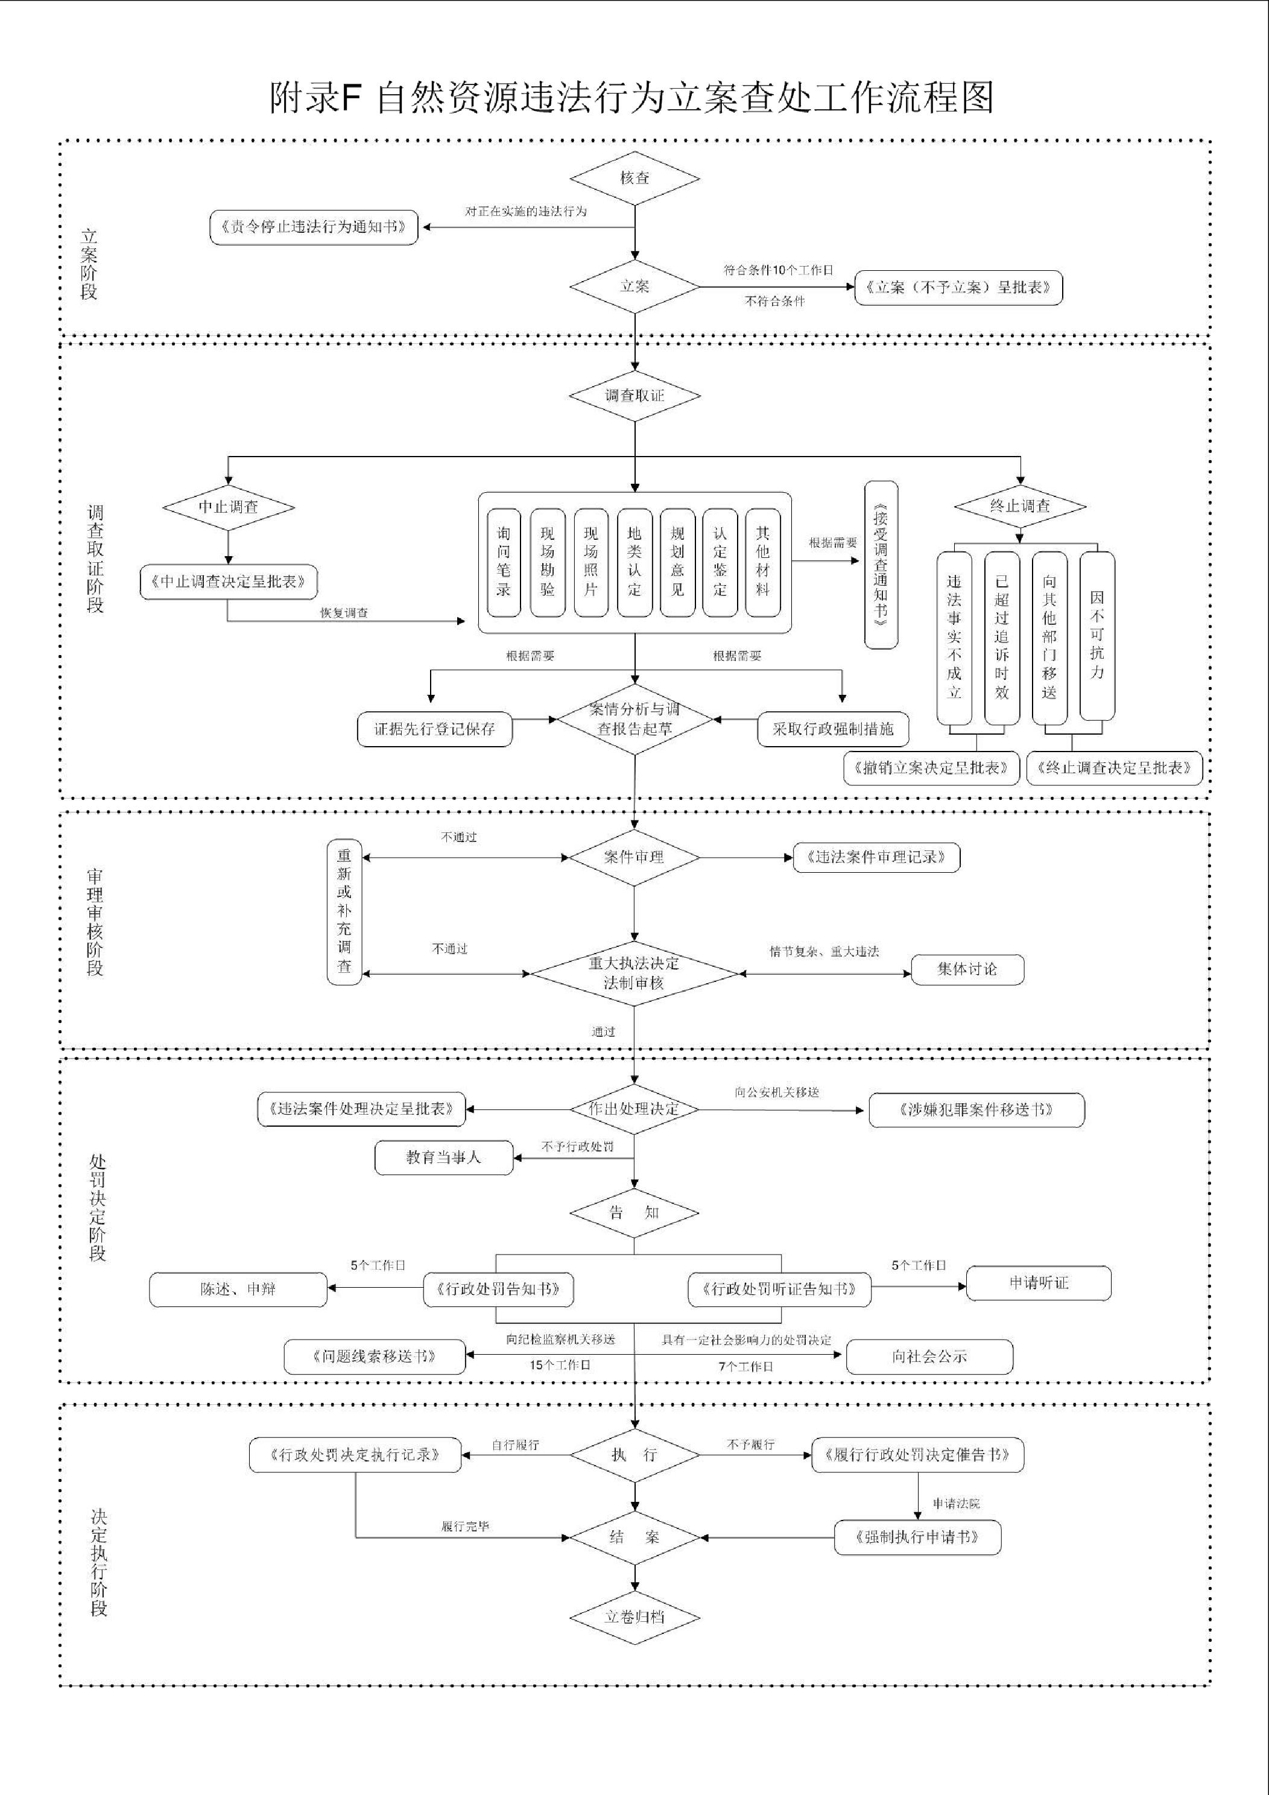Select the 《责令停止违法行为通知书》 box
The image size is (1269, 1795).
[314, 227]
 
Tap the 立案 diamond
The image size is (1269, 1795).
[634, 286]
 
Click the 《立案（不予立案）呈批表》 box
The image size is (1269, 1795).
[958, 288]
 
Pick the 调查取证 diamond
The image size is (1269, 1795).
[634, 396]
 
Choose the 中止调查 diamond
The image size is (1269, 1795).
[229, 507]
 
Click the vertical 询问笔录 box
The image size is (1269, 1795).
[504, 562]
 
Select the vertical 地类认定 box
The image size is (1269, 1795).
[634, 562]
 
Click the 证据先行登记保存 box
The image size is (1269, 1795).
[435, 729]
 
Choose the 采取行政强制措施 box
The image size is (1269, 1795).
[833, 729]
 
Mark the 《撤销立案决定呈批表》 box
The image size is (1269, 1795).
[931, 768]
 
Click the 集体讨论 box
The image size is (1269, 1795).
[967, 969]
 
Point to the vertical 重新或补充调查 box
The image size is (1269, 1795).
[344, 911]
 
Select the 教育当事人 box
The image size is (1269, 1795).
[443, 1157]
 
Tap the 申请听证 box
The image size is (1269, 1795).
[1039, 1282]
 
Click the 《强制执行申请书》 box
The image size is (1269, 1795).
[917, 1537]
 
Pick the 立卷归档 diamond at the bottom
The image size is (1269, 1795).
[634, 1616]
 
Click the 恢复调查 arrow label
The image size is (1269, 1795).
[344, 613]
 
